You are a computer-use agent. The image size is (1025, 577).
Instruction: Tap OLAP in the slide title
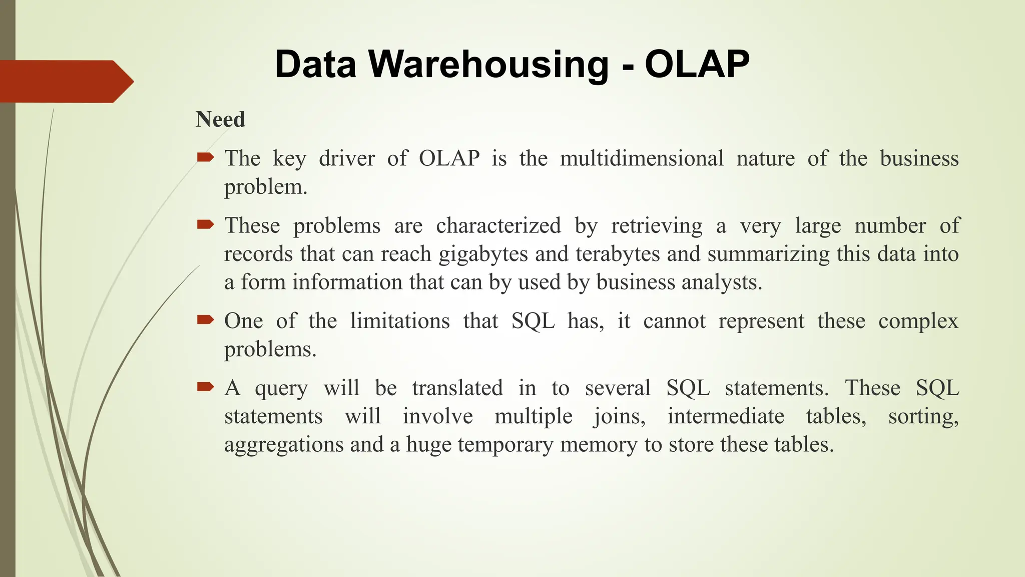(697, 64)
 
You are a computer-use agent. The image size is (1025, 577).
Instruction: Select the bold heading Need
(220, 120)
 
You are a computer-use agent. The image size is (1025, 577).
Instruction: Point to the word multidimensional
(642, 159)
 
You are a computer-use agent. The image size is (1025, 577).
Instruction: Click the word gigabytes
(483, 254)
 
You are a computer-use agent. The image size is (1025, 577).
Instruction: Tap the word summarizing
(769, 254)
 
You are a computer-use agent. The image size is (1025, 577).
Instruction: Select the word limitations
(399, 321)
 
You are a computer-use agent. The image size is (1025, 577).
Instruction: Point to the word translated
(457, 388)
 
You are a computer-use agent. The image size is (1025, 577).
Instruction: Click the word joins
(619, 417)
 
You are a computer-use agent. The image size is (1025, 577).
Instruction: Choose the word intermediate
(725, 416)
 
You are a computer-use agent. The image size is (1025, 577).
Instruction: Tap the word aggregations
(284, 445)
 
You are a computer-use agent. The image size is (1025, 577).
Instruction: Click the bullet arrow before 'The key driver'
(205, 158)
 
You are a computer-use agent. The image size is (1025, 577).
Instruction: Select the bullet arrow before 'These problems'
(205, 225)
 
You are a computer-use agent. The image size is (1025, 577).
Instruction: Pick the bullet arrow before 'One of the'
(205, 321)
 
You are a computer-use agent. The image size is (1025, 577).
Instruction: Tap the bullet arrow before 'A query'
(205, 387)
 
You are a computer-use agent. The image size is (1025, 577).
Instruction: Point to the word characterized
(498, 226)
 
